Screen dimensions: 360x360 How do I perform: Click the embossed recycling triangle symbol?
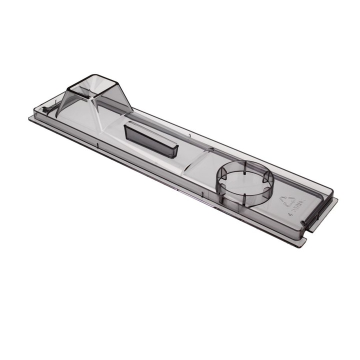[x=287, y=201]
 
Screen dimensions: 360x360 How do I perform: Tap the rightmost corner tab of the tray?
[x=335, y=201]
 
